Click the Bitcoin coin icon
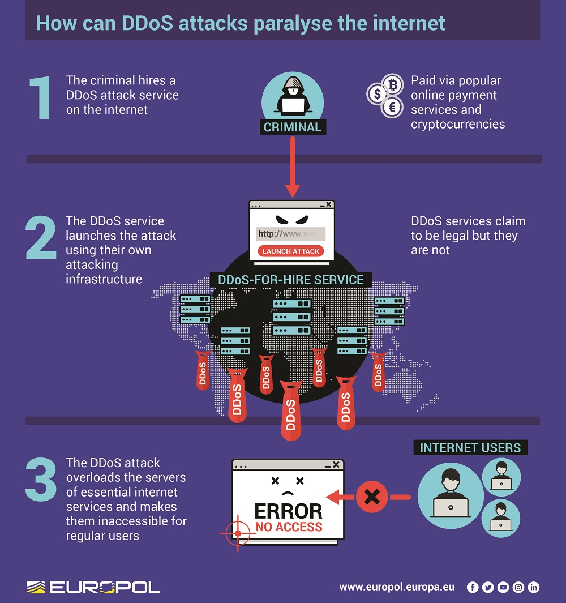click(x=393, y=84)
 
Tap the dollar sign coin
click(x=377, y=94)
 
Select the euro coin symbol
click(x=392, y=106)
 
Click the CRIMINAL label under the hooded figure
click(x=293, y=127)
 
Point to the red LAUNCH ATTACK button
click(x=291, y=251)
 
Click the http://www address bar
click(x=291, y=234)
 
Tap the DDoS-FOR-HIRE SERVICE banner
click(x=291, y=280)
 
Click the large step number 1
click(x=41, y=97)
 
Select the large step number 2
click(x=41, y=238)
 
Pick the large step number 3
click(x=41, y=479)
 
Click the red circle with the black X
click(x=372, y=497)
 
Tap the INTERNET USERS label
click(x=470, y=448)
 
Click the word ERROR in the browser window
click(x=289, y=511)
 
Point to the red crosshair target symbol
click(x=238, y=533)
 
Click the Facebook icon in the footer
click(x=473, y=587)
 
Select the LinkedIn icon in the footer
click(x=533, y=587)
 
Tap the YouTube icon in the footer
click(x=503, y=587)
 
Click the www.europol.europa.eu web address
click(x=397, y=587)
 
